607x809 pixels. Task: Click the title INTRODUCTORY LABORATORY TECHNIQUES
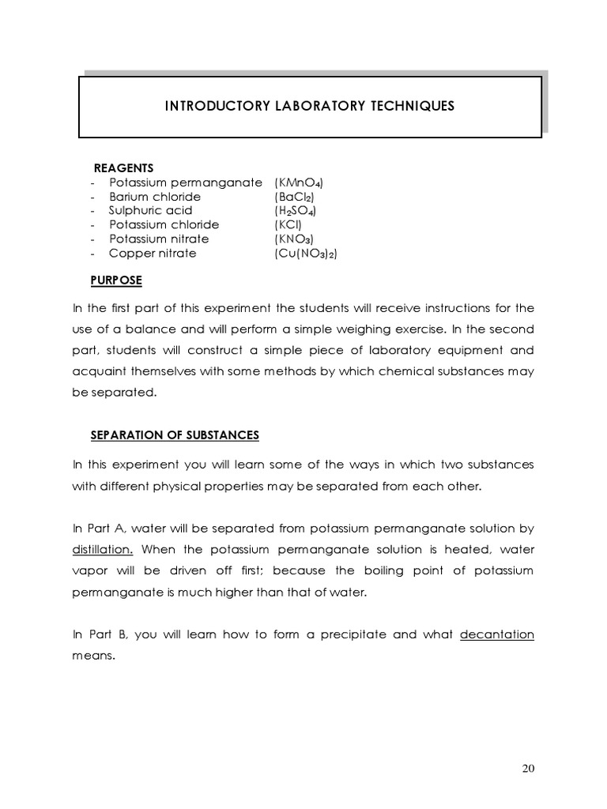309,106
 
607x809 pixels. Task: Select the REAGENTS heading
124,167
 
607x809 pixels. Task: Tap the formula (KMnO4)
299,182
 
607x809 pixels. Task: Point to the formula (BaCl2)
295,197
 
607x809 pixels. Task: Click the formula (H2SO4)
297,211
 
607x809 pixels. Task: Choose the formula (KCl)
288,225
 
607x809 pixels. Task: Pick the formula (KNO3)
294,239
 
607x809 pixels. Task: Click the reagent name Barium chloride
155,197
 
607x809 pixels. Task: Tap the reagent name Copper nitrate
153,254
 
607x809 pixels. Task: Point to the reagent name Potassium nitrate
159,239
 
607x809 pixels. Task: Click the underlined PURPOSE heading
118,280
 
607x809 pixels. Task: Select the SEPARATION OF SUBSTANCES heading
175,435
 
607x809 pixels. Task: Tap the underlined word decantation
497,634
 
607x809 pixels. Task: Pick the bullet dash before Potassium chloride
92,225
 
